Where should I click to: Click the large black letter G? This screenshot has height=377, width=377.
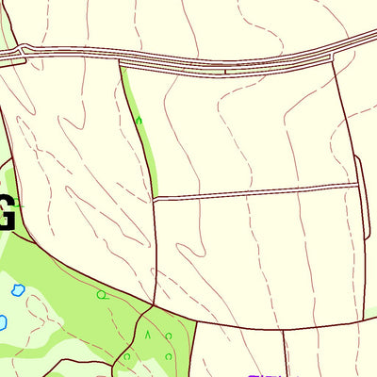click(x=6, y=213)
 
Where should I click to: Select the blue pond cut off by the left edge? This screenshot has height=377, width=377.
click(x=2, y=322)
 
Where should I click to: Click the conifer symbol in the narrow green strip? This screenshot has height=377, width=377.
click(x=139, y=120)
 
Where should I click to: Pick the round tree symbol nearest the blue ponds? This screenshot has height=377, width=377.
click(x=101, y=295)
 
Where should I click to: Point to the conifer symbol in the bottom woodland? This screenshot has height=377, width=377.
click(x=147, y=334)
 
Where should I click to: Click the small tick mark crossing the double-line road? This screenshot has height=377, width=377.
click(x=225, y=69)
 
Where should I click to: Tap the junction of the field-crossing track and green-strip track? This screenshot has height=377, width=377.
click(x=153, y=199)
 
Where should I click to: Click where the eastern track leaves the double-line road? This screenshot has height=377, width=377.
click(x=333, y=57)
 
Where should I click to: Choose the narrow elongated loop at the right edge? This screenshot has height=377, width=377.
click(x=362, y=198)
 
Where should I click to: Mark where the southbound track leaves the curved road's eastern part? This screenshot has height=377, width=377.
click(x=283, y=329)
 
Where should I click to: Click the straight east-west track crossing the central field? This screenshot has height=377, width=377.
click(x=254, y=191)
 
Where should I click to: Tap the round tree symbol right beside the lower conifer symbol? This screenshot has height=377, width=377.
click(x=168, y=336)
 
